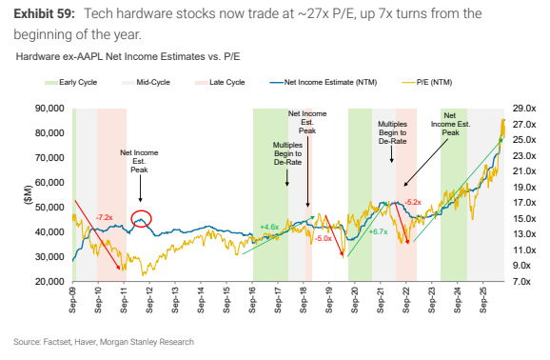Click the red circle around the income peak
[131, 218]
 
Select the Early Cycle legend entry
[70, 83]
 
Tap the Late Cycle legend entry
[220, 83]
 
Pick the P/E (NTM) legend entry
[427, 83]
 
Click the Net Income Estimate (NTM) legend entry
[324, 83]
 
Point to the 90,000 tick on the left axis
[49, 109]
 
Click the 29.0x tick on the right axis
[524, 109]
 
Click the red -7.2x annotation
[104, 218]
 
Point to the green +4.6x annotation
[269, 228]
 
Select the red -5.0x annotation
[324, 239]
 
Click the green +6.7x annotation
[378, 231]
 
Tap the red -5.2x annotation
[413, 202]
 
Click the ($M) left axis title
[29, 194]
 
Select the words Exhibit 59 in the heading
[44, 14]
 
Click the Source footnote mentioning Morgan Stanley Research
[104, 342]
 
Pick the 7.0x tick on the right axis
[521, 282]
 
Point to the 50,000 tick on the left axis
[49, 208]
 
